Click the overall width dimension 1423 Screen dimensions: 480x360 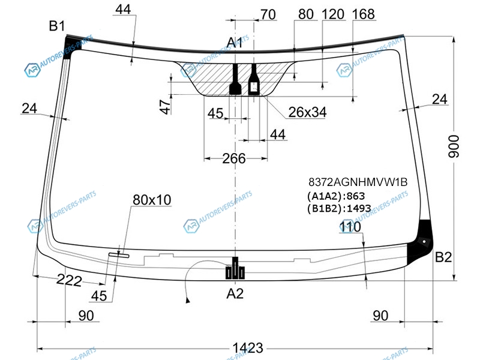pos(248,348)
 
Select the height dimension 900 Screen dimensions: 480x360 pos(454,146)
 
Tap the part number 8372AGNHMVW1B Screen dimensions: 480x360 pos(358,182)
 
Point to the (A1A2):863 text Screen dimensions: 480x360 pos(336,196)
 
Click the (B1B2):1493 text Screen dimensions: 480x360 pos(339,208)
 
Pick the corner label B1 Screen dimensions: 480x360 pos(57,26)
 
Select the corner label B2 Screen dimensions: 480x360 pos(443,257)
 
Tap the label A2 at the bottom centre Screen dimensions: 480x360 pos(235,293)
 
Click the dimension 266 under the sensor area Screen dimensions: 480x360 pos(234,158)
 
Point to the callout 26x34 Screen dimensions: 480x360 pos(307,112)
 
